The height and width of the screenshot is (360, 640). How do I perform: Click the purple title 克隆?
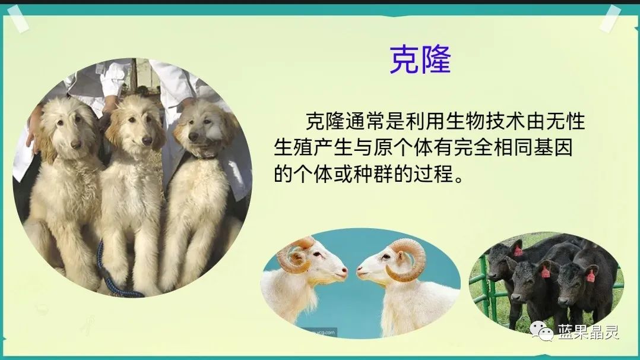coord(420,59)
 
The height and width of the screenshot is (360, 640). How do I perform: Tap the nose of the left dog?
coord(76,144)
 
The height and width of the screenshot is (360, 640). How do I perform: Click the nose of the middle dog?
coord(147,141)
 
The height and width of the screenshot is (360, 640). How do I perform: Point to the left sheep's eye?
coord(321,257)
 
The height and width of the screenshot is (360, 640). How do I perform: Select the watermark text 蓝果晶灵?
coord(588,331)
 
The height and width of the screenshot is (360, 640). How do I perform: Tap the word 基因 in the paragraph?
coord(558,149)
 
